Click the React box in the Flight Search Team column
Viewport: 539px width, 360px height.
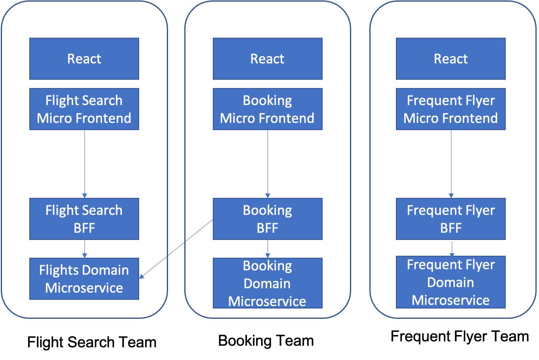click(84, 59)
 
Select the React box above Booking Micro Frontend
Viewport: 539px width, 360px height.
click(268, 59)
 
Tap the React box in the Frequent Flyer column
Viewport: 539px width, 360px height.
click(451, 59)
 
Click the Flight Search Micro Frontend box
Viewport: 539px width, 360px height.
click(84, 109)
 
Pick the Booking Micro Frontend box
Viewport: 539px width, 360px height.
click(268, 109)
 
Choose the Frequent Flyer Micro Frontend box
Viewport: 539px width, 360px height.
click(451, 109)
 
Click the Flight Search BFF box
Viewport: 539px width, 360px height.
click(84, 219)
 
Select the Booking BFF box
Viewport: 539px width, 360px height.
click(268, 219)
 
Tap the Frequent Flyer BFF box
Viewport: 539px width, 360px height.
click(451, 219)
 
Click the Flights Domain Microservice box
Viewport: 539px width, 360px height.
click(84, 279)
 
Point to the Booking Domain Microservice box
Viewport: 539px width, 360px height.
click(268, 283)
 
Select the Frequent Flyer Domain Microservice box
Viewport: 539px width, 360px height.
click(451, 282)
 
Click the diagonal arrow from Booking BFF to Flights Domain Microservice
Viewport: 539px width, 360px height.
click(176, 249)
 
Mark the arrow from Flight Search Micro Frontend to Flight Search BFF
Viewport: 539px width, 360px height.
click(84, 164)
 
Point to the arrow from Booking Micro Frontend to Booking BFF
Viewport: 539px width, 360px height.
click(268, 164)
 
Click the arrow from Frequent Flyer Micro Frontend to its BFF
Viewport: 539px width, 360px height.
click(451, 164)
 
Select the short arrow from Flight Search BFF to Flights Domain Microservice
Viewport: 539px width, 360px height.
click(84, 249)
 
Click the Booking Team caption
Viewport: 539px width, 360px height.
click(266, 341)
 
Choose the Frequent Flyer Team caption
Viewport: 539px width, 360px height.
click(460, 337)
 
